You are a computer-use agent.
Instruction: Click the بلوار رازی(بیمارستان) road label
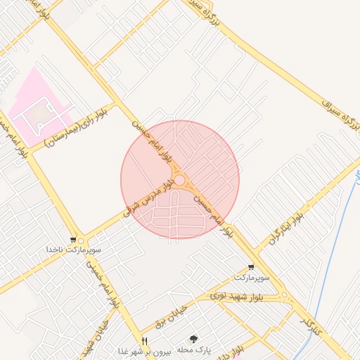pos(76,129)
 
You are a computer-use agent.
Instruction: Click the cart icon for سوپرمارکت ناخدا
pos(74,240)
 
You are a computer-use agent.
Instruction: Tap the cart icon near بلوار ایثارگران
pos(252,267)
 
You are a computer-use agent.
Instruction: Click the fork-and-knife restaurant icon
pos(145,341)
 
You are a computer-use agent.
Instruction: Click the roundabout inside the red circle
pos(180,181)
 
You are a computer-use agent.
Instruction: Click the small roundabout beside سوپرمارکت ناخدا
pos(82,240)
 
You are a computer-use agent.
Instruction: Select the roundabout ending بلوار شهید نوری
pos(285,296)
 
